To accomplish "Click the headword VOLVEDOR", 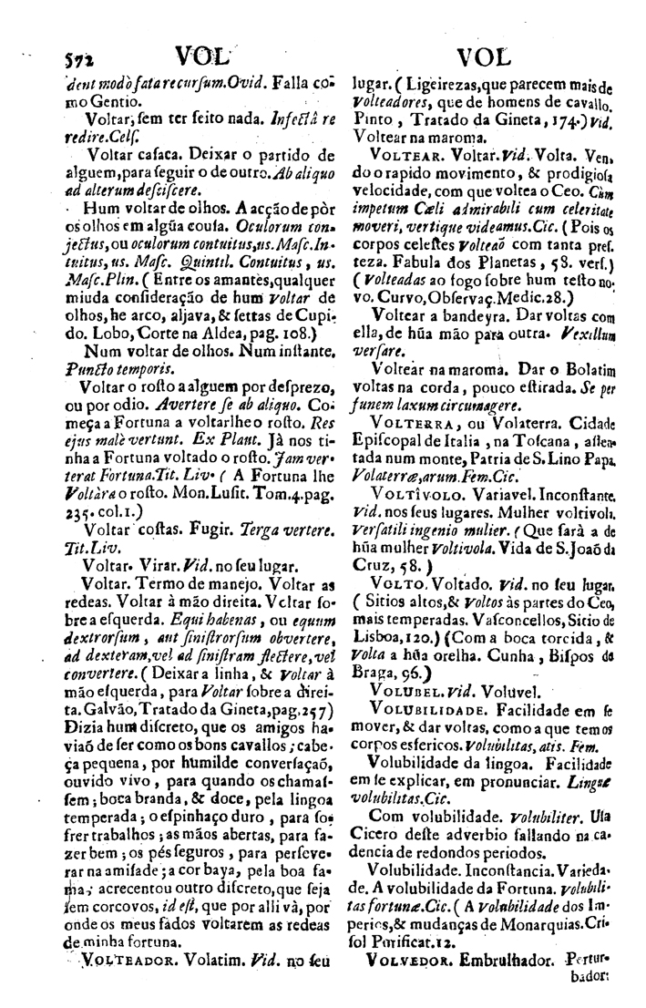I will tap(406, 985).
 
